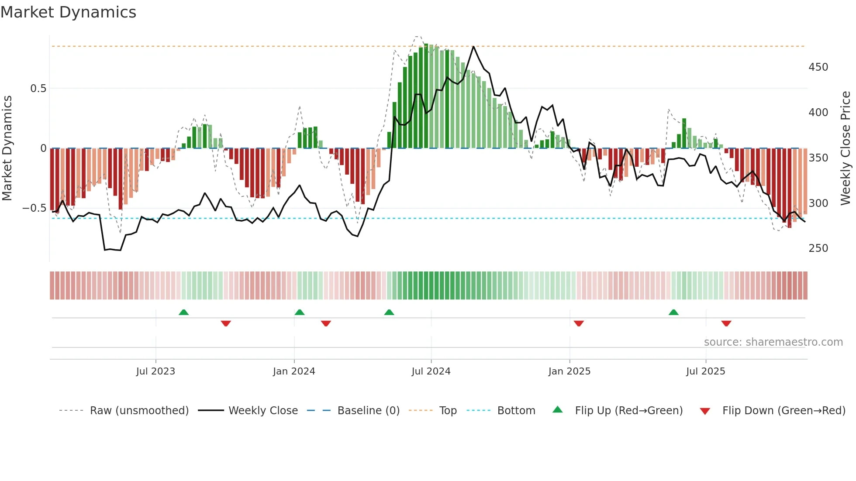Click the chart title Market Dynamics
pyautogui.click(x=68, y=12)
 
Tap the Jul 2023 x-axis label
pyautogui.click(x=155, y=371)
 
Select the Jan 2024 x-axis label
pyautogui.click(x=294, y=371)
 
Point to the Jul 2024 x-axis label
pyautogui.click(x=431, y=371)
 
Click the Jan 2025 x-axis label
pyautogui.click(x=570, y=371)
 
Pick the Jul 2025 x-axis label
pyautogui.click(x=706, y=371)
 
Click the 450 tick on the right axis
pyautogui.click(x=818, y=67)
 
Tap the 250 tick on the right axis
pyautogui.click(x=818, y=248)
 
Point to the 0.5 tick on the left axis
pyautogui.click(x=38, y=89)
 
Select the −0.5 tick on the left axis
pyautogui.click(x=35, y=208)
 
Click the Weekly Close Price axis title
pyautogui.click(x=846, y=148)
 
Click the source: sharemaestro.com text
pyautogui.click(x=773, y=342)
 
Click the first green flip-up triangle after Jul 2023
pyautogui.click(x=183, y=313)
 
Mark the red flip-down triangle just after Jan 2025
pyautogui.click(x=579, y=323)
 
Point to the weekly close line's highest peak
pyautogui.click(x=473, y=46)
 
